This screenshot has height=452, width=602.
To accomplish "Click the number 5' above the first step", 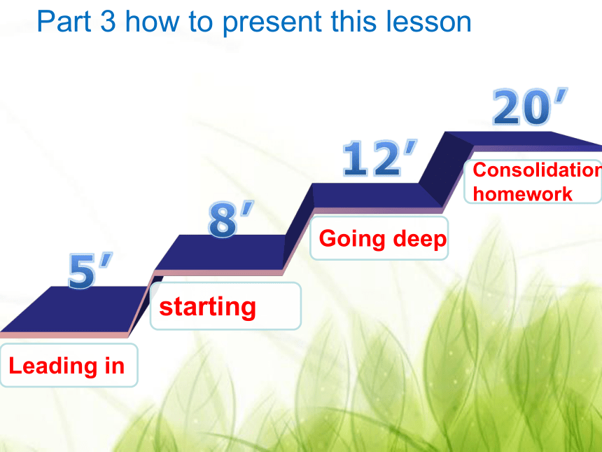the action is [90, 270].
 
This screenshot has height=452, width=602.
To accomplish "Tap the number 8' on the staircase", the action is [230, 219].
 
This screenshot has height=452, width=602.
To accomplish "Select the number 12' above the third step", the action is [379, 158].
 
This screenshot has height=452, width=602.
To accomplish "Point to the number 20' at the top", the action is [529, 107].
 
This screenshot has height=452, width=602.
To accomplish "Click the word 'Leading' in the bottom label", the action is [53, 366].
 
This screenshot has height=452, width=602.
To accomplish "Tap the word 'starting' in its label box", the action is [207, 307].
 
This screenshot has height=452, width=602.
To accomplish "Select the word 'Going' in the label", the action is [351, 239].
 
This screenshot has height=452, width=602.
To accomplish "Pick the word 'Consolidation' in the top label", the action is [537, 170].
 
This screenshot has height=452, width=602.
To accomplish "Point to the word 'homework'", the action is [522, 193].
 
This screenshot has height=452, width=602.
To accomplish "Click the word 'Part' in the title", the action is [64, 22].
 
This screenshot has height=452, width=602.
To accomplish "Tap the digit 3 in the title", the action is [108, 22].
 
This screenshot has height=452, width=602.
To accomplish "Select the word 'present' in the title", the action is [272, 24].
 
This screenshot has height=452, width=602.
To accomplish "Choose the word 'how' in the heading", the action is [153, 22].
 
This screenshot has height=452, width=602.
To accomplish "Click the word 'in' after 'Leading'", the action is [114, 366].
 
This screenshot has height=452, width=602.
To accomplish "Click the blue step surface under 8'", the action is [220, 252].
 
